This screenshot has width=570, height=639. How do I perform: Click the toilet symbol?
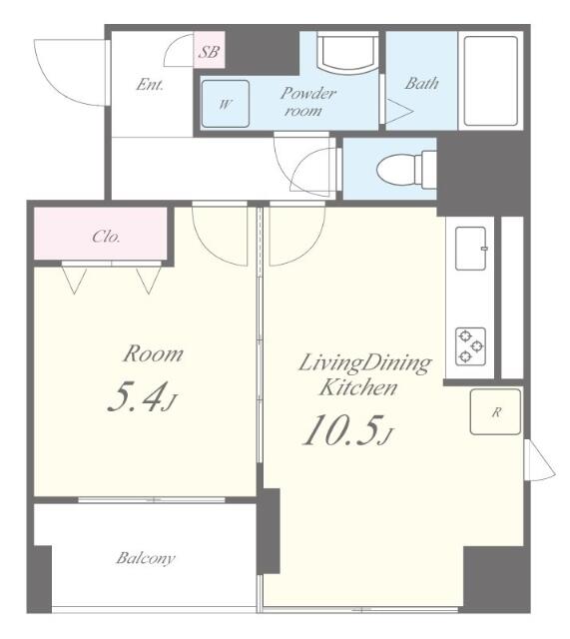pos(406,169)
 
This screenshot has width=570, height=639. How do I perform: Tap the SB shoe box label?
pos(209,52)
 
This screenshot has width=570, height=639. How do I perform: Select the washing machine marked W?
pos(226,104)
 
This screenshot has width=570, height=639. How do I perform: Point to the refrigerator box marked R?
pos(495,412)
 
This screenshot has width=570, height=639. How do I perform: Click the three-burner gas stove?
pos(470,346)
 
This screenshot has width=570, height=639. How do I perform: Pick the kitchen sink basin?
pos(471,249)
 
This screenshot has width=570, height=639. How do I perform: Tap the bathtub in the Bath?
pos(490,82)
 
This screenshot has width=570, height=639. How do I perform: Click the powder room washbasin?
pos(348,53)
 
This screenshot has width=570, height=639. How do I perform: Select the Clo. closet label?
pos(106,237)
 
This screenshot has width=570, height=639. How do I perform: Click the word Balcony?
pos(146,558)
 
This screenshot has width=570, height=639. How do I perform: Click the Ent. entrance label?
pos(150,84)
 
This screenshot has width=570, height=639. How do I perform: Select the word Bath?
pos(421,83)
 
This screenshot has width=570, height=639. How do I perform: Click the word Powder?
pos(308,94)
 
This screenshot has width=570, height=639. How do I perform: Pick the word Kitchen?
pos(357,387)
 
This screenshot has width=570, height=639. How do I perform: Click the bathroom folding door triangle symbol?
pos(399,111)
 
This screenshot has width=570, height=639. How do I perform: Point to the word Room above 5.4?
pos(153,353)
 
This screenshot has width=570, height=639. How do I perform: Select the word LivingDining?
pos(364,363)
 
